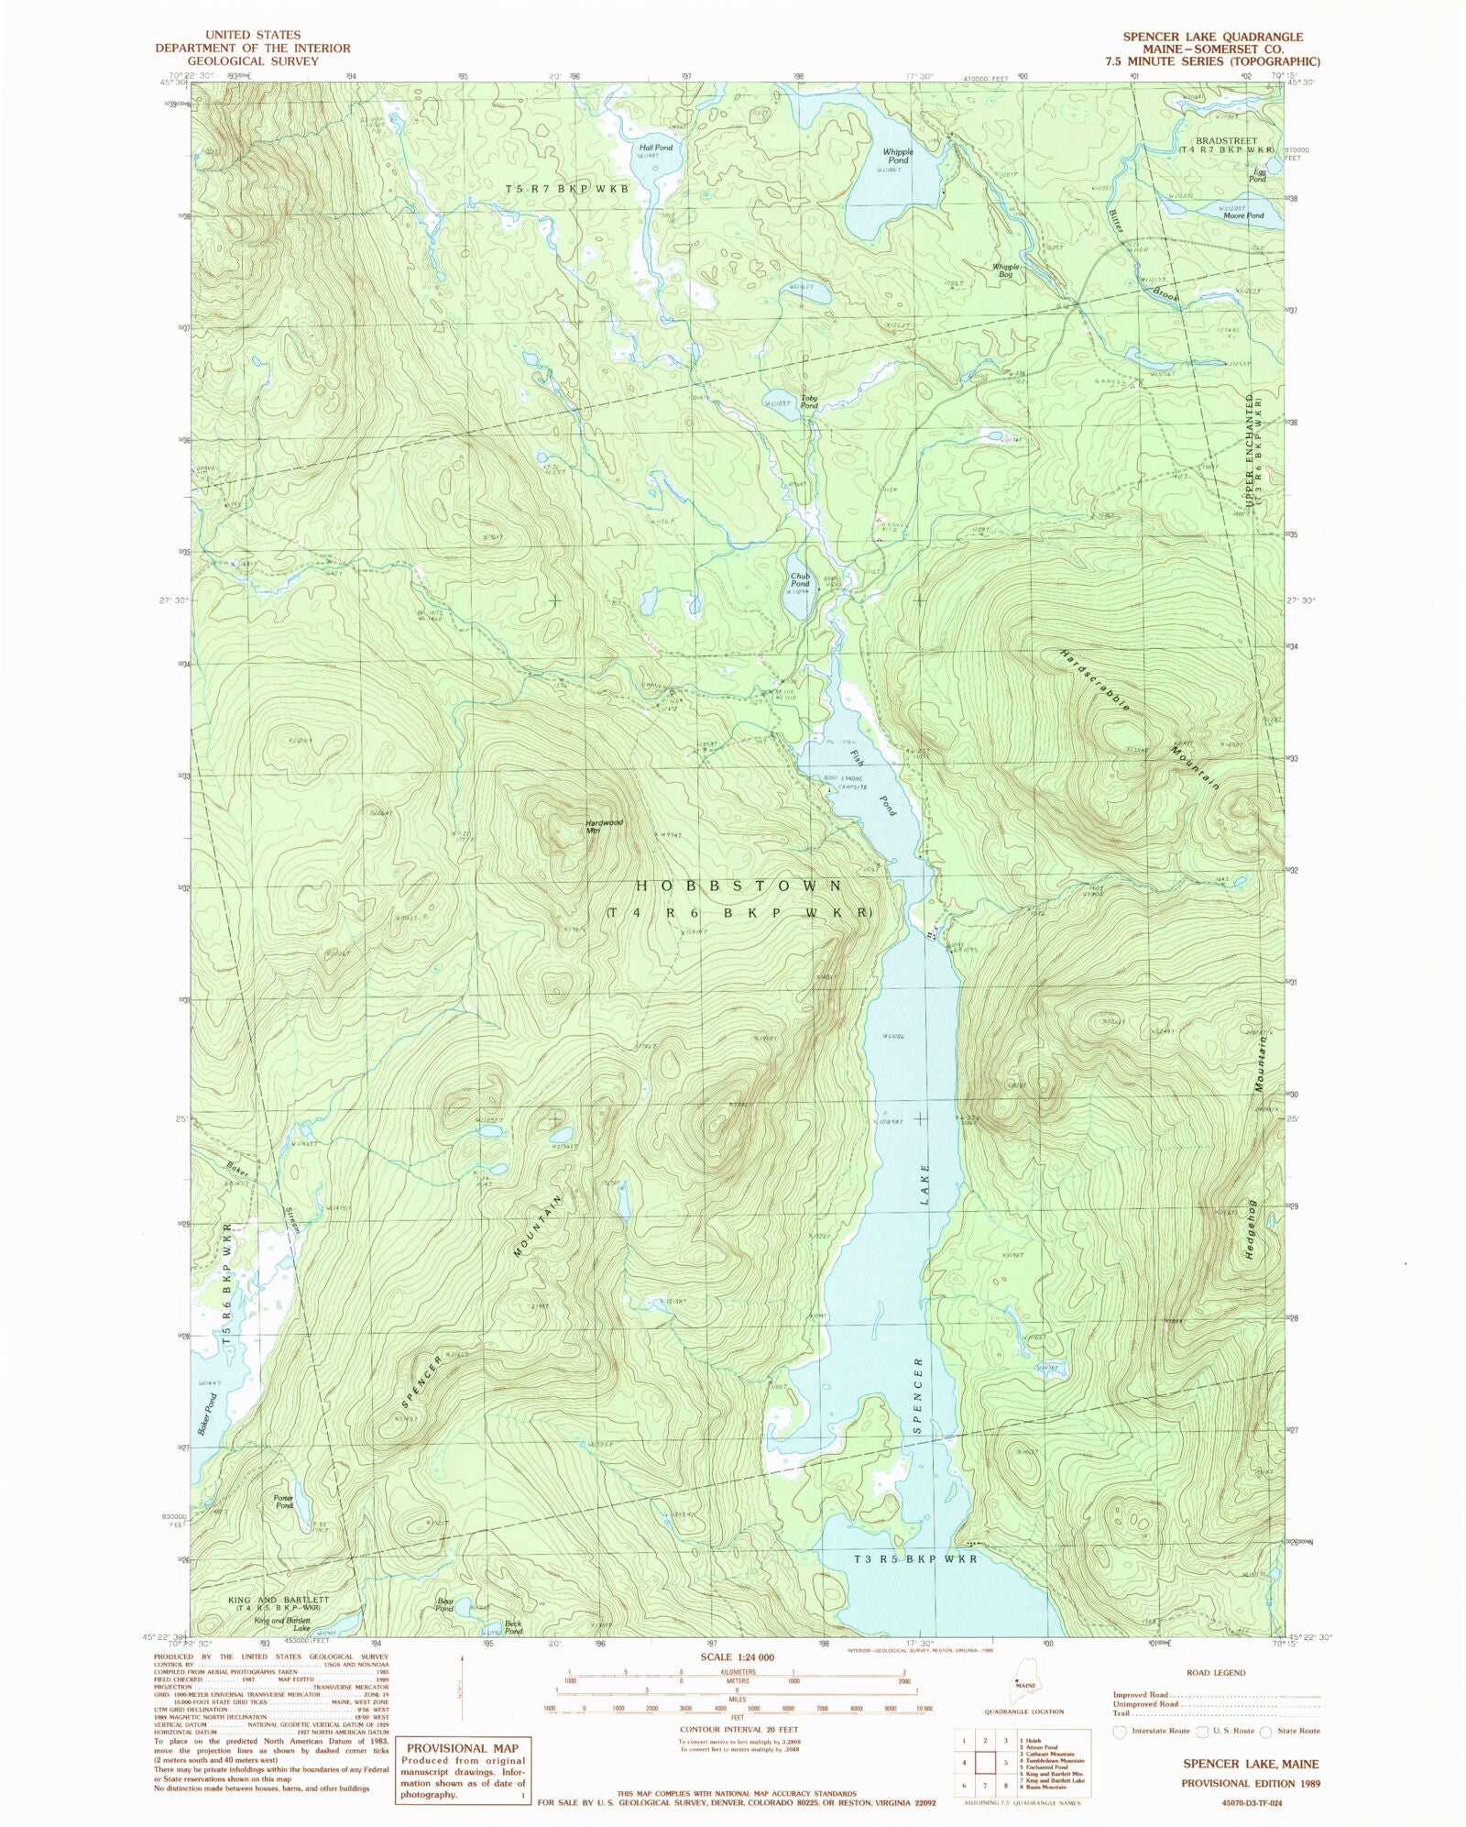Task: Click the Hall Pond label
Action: (655, 147)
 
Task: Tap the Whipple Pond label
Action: (897, 156)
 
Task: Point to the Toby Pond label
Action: (809, 402)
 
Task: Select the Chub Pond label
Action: (800, 579)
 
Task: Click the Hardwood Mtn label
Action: (604, 825)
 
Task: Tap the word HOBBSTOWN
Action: (738, 886)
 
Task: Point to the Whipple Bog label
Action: (1005, 270)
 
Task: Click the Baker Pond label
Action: (208, 1414)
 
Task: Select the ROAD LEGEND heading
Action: (1216, 1672)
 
